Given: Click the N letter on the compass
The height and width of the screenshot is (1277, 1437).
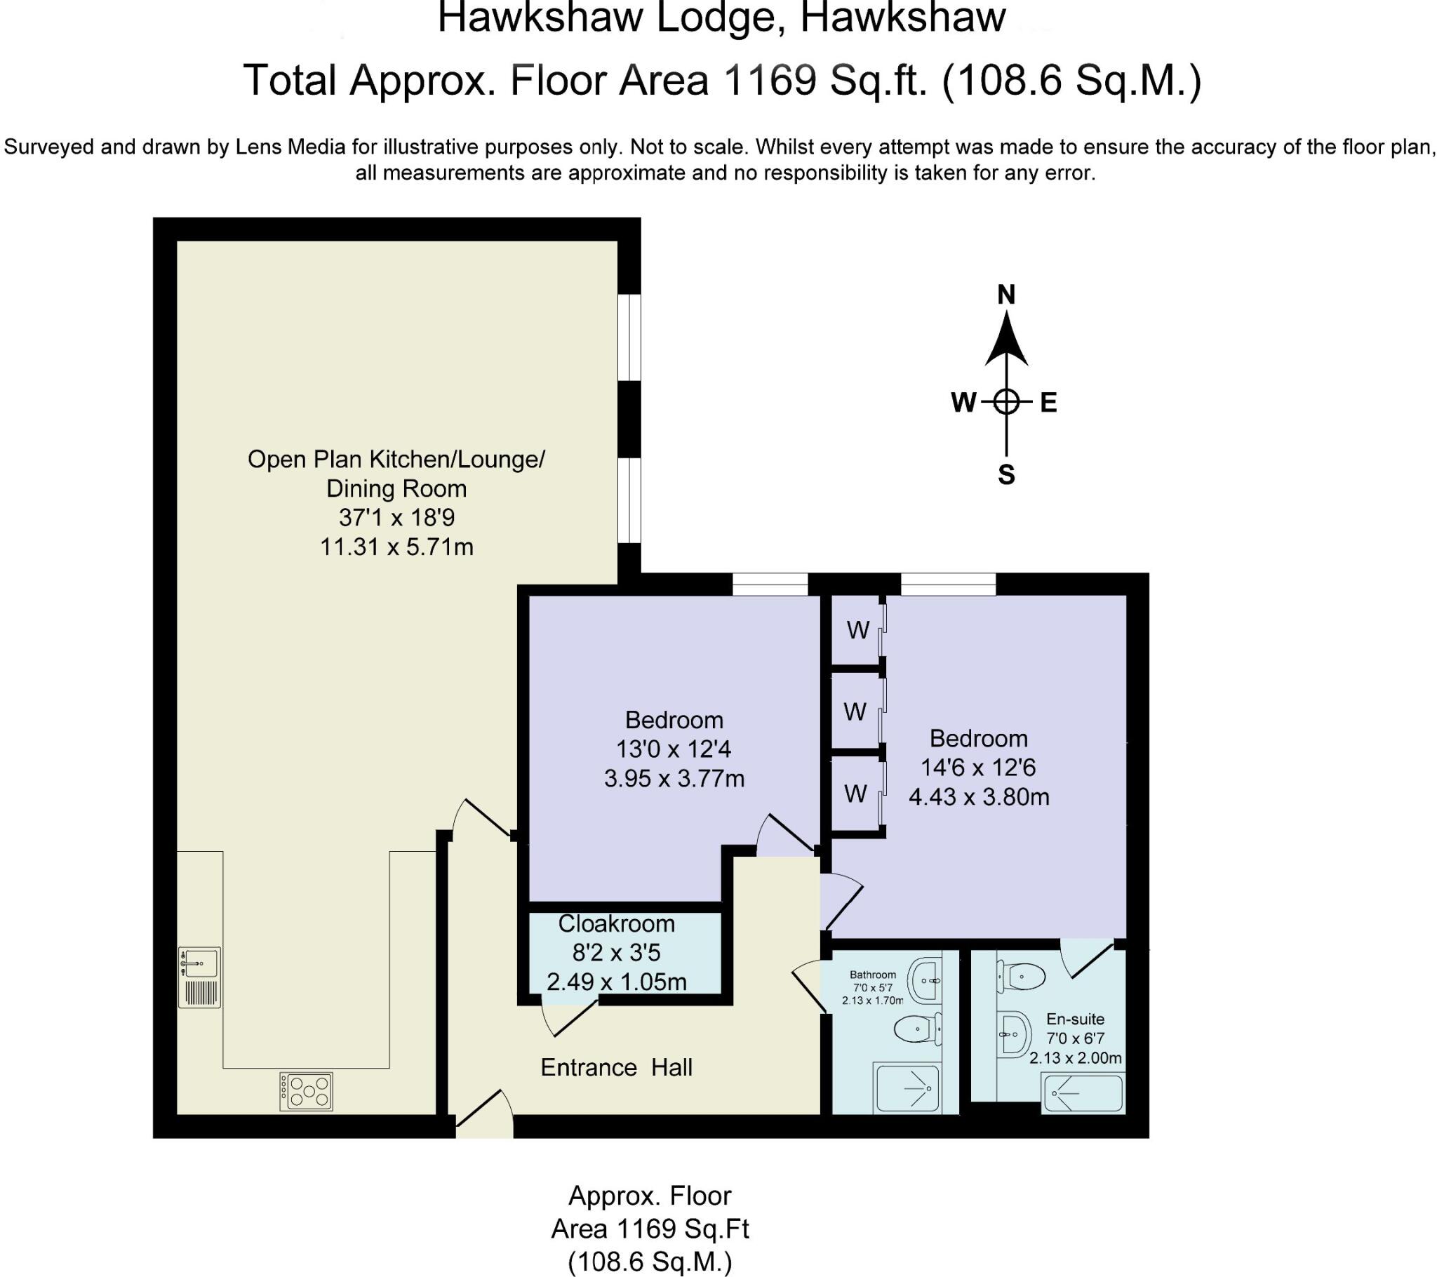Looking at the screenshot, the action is [x=1006, y=295].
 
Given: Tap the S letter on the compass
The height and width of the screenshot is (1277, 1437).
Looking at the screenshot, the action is [x=1007, y=475].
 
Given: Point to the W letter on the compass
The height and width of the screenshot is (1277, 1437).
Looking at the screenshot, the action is [x=964, y=403].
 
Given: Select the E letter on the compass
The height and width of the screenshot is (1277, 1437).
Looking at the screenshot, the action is [x=1049, y=403].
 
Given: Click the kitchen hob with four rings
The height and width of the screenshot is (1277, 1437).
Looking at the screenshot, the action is [x=306, y=1091].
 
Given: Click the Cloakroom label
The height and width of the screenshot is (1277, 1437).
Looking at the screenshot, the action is [x=617, y=924].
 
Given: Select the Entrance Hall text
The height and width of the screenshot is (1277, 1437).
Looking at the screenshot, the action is [x=617, y=1067].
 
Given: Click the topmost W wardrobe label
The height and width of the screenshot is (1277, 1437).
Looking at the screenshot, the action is [x=858, y=630].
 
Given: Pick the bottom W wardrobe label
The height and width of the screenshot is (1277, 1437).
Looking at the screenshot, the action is [x=855, y=794].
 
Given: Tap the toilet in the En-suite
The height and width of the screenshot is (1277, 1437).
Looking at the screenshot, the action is [x=1021, y=976].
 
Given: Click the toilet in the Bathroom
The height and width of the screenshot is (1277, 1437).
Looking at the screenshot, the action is [x=918, y=1031].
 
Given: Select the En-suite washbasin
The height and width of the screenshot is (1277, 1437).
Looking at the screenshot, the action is [x=1014, y=1034].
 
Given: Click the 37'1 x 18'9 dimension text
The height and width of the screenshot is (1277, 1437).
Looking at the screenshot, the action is [x=396, y=519].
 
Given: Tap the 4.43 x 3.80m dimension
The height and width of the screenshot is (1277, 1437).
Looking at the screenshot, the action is [x=979, y=797].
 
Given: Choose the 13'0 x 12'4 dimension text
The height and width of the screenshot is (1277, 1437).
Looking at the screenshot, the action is [x=674, y=749].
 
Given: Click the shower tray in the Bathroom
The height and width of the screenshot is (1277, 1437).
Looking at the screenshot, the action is [x=907, y=1089].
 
